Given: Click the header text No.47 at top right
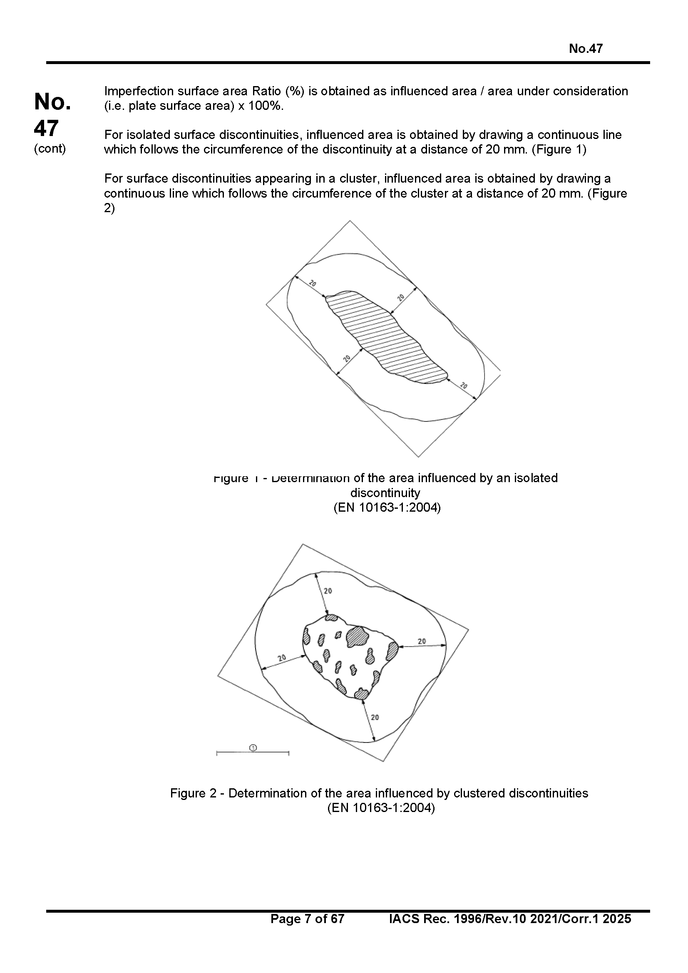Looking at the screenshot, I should (x=586, y=49).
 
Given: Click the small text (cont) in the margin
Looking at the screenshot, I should (x=50, y=149).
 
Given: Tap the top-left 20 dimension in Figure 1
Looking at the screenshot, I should (x=313, y=284).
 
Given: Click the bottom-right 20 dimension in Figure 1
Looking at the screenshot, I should (x=464, y=386).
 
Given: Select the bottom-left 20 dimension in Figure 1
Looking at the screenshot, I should (x=347, y=359).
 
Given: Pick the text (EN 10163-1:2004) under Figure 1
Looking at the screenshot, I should (x=387, y=507).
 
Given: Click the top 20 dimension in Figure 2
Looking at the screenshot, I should (x=328, y=591).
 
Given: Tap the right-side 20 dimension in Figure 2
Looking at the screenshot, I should (x=422, y=641).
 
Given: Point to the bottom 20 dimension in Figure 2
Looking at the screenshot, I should (x=375, y=718).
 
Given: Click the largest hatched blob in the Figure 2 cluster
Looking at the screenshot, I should (x=358, y=637).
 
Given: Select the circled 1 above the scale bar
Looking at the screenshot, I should (x=253, y=748).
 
